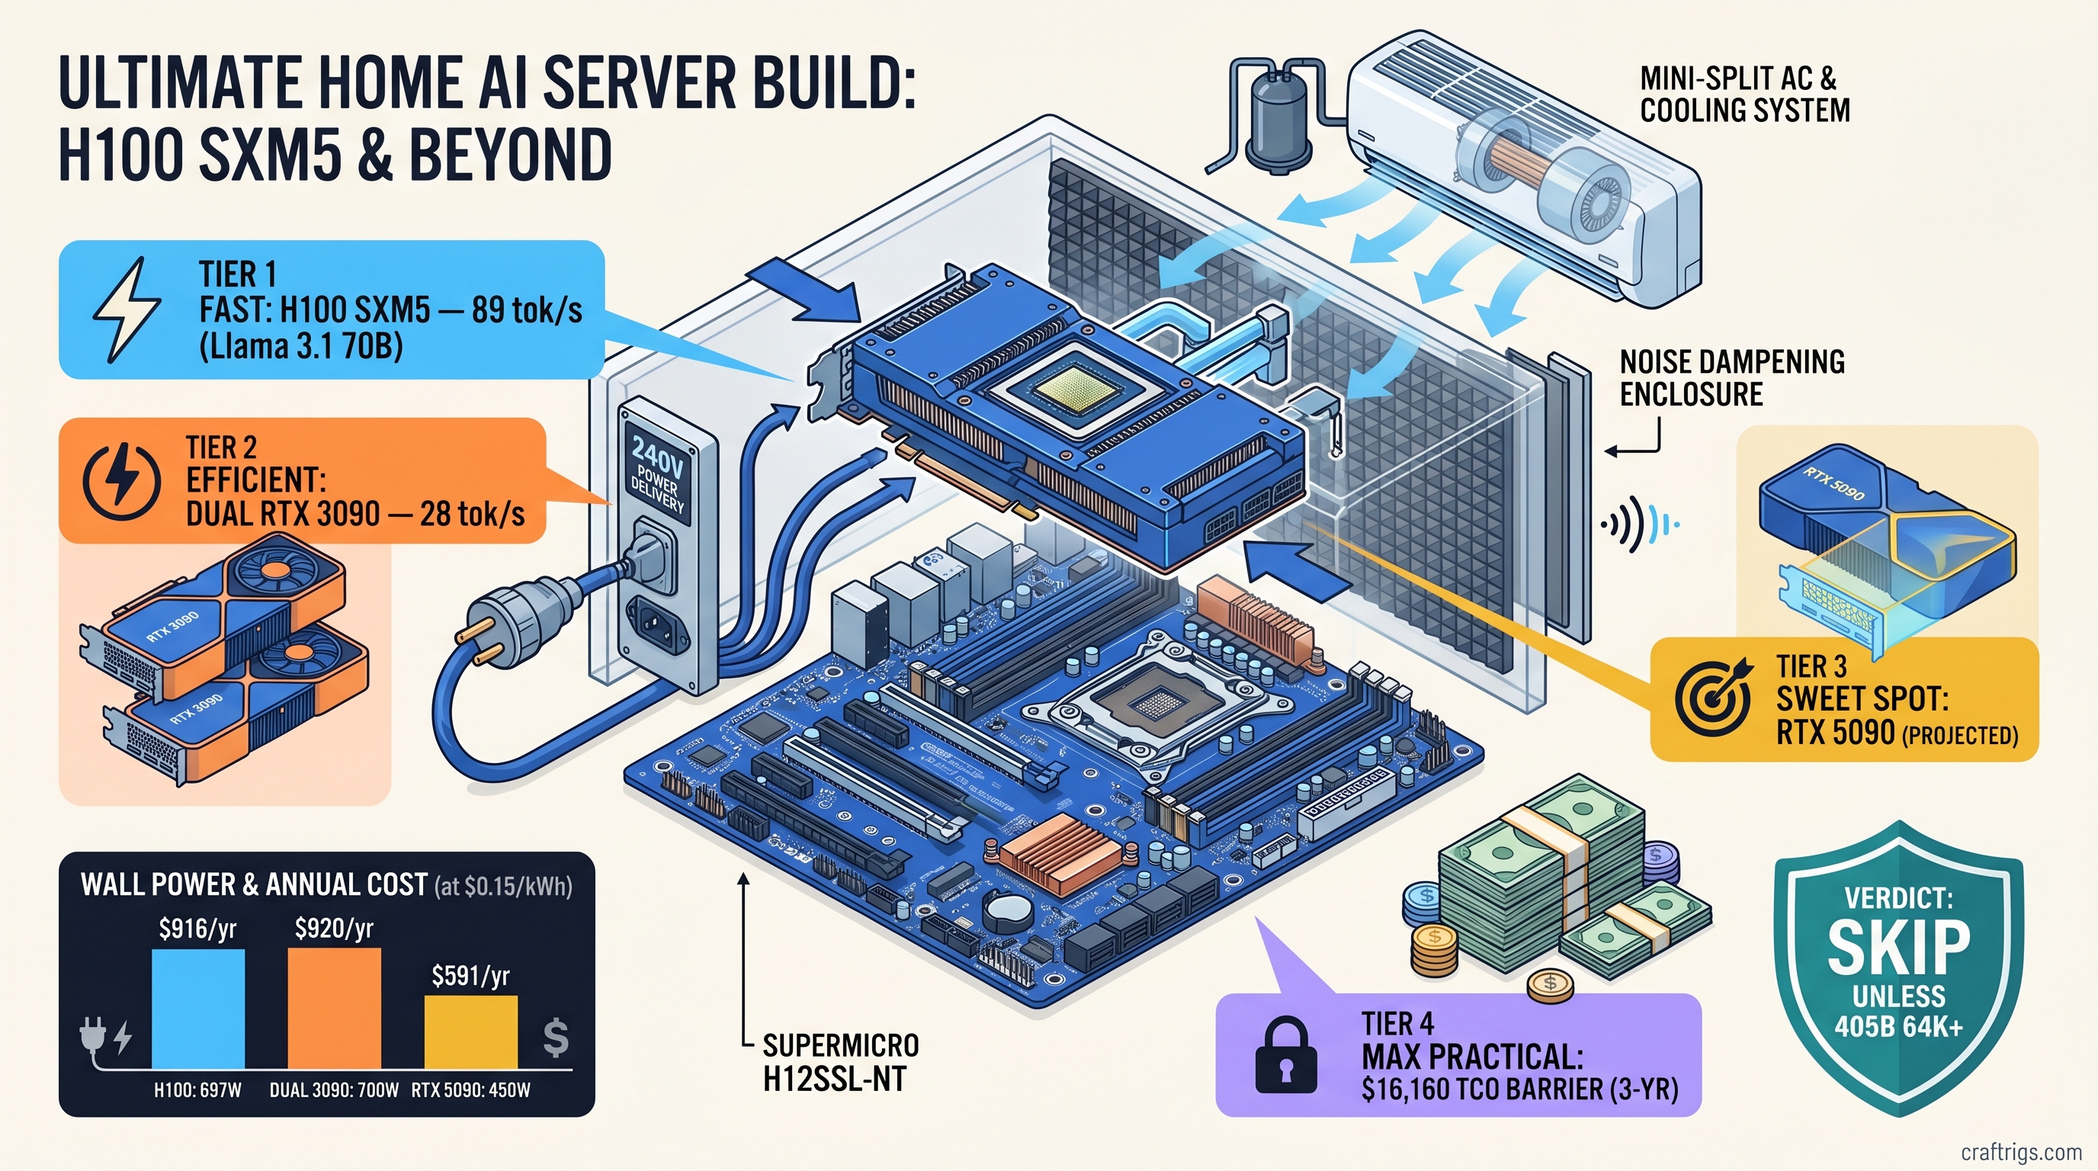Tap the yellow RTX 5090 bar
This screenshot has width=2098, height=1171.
coord(470,1031)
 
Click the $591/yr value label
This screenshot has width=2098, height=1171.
coord(470,975)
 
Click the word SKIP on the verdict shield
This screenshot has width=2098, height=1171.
coord(1898,948)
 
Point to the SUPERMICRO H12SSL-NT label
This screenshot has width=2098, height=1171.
coord(841,1062)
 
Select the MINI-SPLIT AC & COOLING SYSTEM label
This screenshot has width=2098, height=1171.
coord(1744,95)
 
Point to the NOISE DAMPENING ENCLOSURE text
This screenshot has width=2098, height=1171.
coord(1731,377)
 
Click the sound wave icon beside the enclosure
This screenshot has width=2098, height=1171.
coord(1638,526)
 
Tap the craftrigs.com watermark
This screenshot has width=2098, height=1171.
coord(2021,1151)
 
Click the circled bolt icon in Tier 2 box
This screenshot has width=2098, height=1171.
coord(121,481)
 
